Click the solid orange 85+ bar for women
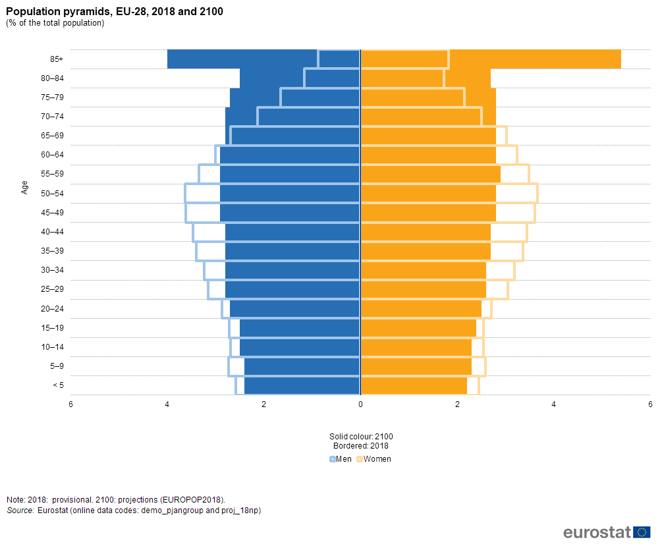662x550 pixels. point(534,59)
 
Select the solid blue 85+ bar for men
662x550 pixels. point(244,59)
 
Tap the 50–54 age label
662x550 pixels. point(52,194)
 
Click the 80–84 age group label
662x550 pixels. point(52,78)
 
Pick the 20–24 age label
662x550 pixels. point(52,309)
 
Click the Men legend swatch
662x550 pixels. point(333,459)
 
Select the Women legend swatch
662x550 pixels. point(360,459)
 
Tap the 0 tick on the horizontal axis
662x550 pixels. point(360,404)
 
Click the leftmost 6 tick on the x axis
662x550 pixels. point(70,404)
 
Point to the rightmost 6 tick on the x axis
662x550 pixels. point(650,404)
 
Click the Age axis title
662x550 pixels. point(25,187)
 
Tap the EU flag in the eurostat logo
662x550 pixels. point(642,532)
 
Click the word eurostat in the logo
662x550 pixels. point(597,532)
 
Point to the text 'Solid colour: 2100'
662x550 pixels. point(361,436)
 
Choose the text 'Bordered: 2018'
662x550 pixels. point(361,445)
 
